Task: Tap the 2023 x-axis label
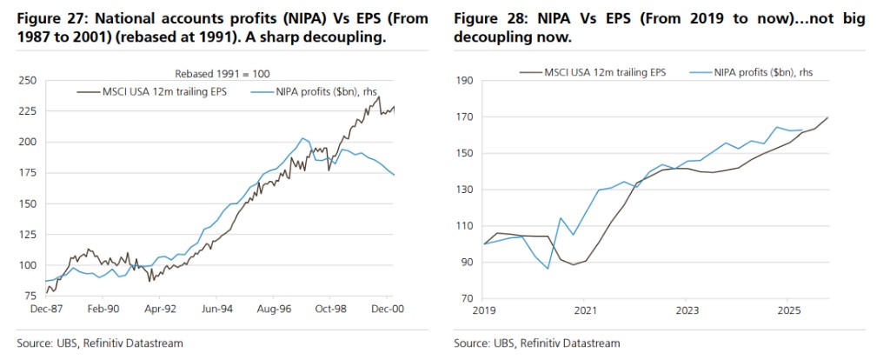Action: (x=687, y=309)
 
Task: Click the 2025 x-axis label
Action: (x=787, y=309)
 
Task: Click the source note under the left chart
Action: (x=100, y=343)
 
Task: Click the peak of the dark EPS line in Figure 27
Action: (x=378, y=97)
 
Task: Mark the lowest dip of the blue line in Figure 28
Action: (x=548, y=268)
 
